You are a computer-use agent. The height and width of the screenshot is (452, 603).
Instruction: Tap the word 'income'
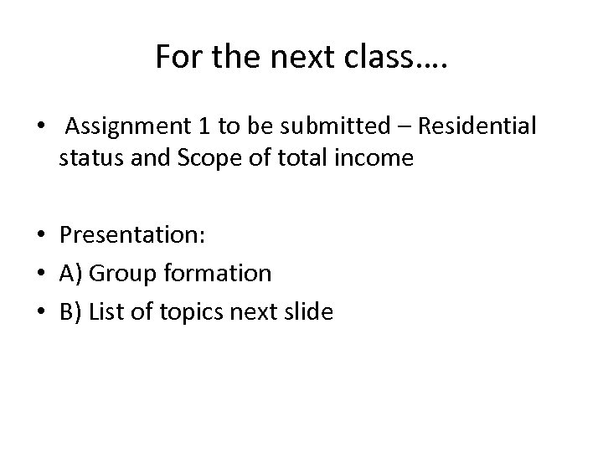[x=374, y=158]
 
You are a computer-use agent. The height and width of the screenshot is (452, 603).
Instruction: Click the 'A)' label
[x=70, y=273]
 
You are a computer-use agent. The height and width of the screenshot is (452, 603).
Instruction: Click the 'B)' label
[x=70, y=313]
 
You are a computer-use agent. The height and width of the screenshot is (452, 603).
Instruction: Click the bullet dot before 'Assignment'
[x=40, y=128]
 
